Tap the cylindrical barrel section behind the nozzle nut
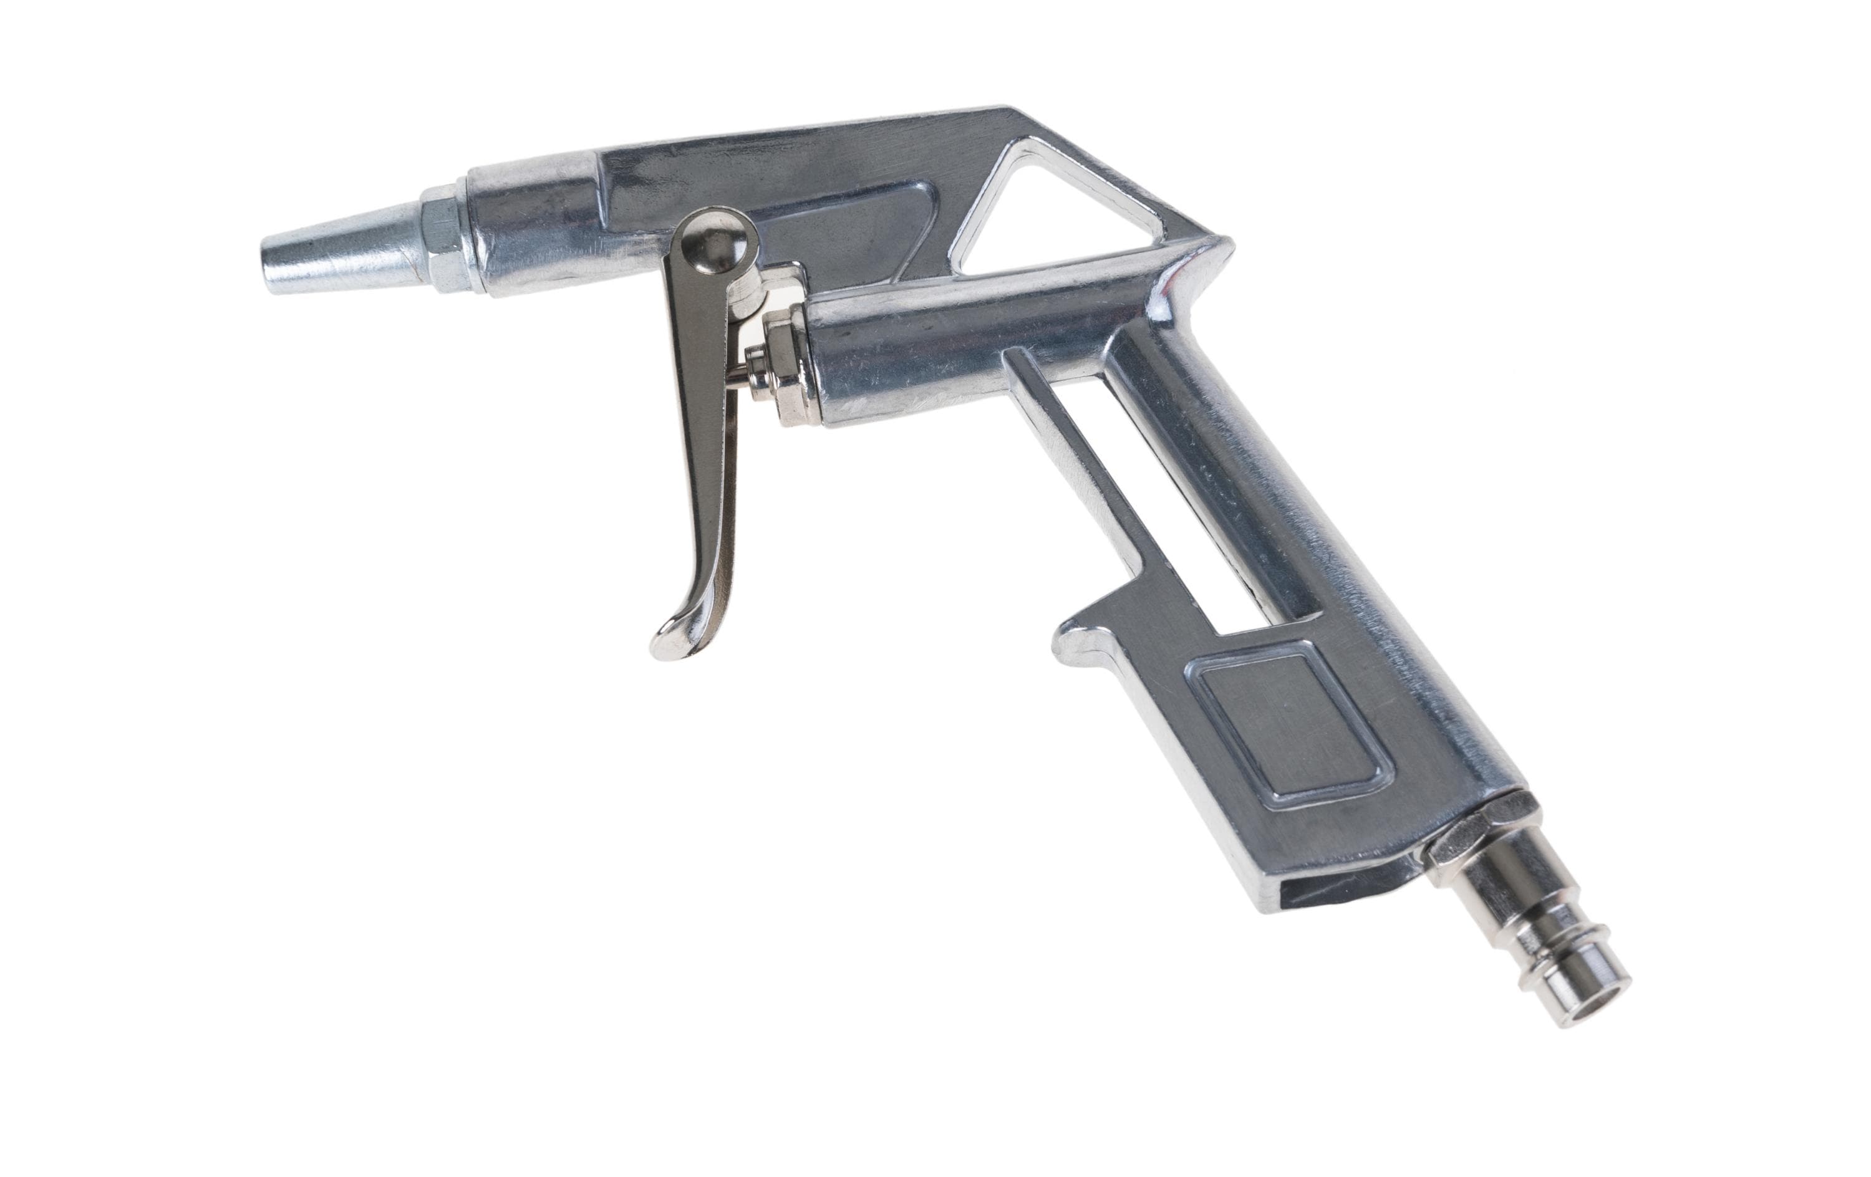(536, 233)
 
